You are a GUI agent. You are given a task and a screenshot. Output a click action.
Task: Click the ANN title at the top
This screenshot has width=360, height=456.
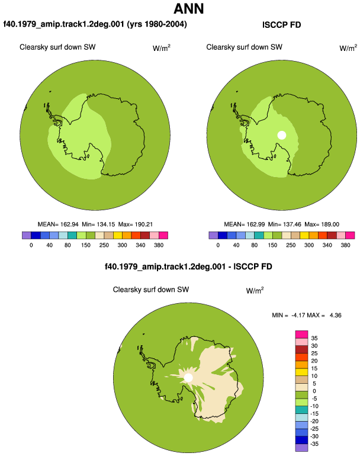(x=188, y=9)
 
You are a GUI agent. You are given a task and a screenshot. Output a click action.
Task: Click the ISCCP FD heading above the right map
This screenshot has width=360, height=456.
(x=281, y=25)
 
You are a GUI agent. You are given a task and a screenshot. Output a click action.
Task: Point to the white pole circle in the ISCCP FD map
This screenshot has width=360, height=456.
(x=282, y=135)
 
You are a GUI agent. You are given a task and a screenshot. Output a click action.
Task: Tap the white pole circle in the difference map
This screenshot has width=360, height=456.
(x=188, y=378)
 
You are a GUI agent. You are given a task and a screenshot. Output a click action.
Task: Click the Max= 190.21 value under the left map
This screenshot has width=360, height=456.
(x=135, y=224)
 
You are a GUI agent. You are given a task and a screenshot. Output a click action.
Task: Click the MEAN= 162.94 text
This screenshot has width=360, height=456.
(x=58, y=224)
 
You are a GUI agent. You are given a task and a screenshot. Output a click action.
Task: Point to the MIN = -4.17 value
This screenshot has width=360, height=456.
(x=288, y=315)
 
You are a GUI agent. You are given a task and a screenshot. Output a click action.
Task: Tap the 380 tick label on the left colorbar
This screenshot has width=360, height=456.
(x=159, y=245)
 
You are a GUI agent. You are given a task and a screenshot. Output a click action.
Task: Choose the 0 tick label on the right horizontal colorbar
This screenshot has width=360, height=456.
(x=218, y=245)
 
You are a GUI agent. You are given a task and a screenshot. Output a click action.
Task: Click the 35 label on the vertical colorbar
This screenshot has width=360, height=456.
(x=314, y=338)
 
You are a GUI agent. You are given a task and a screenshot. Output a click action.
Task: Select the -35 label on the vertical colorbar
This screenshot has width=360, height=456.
(x=314, y=444)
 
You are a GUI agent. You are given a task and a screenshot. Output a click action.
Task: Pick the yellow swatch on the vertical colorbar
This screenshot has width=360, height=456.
(x=301, y=372)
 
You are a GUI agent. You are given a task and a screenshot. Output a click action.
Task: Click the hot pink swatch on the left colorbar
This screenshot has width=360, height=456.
(x=163, y=235)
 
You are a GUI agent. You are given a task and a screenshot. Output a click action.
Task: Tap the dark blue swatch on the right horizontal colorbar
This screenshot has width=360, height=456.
(x=223, y=235)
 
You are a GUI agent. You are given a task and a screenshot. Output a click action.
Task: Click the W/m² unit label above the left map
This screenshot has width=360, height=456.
(x=162, y=48)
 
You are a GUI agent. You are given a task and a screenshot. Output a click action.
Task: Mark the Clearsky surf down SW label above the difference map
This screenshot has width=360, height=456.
(x=151, y=290)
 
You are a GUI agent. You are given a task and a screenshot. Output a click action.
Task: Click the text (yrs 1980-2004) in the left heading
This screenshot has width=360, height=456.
(x=157, y=24)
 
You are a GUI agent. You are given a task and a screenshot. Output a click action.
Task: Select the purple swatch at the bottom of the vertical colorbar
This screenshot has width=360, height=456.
(x=301, y=448)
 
